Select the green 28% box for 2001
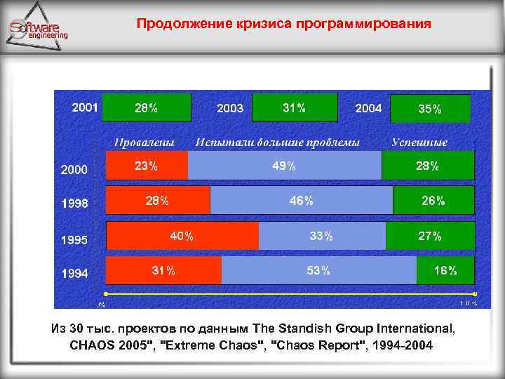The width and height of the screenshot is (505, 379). [x=147, y=108]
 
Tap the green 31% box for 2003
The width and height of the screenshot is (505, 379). [x=294, y=108]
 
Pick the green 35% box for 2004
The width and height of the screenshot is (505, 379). [x=430, y=109]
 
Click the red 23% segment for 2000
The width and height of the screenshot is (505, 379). [x=147, y=166]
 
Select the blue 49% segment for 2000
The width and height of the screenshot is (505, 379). [x=284, y=166]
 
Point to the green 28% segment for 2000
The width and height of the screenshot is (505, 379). [x=427, y=166]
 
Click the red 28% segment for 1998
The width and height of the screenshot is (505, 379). [x=157, y=200]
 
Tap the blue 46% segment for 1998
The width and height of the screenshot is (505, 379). [x=301, y=200]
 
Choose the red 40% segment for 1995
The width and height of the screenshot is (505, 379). [x=182, y=236]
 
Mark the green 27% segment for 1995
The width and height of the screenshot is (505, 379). [x=430, y=236]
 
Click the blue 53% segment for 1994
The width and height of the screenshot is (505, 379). [x=318, y=270]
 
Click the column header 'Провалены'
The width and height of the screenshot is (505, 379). [x=144, y=142]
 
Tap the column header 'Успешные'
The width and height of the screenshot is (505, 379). [x=419, y=142]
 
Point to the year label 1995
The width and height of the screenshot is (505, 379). [x=74, y=240]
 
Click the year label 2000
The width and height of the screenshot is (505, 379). [x=74, y=170]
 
